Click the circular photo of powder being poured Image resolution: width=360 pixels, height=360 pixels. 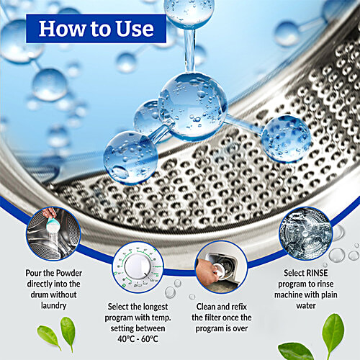click(x=53, y=233)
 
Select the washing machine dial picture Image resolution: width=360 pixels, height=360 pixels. click(x=138, y=266)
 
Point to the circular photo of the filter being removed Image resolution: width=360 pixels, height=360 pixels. click(x=221, y=266)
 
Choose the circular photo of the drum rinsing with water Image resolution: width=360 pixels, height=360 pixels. click(x=305, y=233)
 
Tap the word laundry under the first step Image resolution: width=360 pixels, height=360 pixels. click(x=53, y=306)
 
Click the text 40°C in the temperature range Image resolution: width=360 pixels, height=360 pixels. click(x=126, y=339)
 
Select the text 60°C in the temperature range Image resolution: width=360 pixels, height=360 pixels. click(x=150, y=339)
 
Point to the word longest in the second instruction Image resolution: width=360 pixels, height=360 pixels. click(x=153, y=307)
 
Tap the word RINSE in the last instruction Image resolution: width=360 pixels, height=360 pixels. click(x=316, y=273)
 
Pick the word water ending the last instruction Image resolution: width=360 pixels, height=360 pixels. click(x=306, y=305)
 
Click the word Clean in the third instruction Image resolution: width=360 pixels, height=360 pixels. click(x=206, y=307)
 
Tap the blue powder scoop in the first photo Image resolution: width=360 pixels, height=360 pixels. click(x=51, y=222)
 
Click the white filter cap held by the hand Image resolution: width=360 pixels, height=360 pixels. click(x=218, y=269)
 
